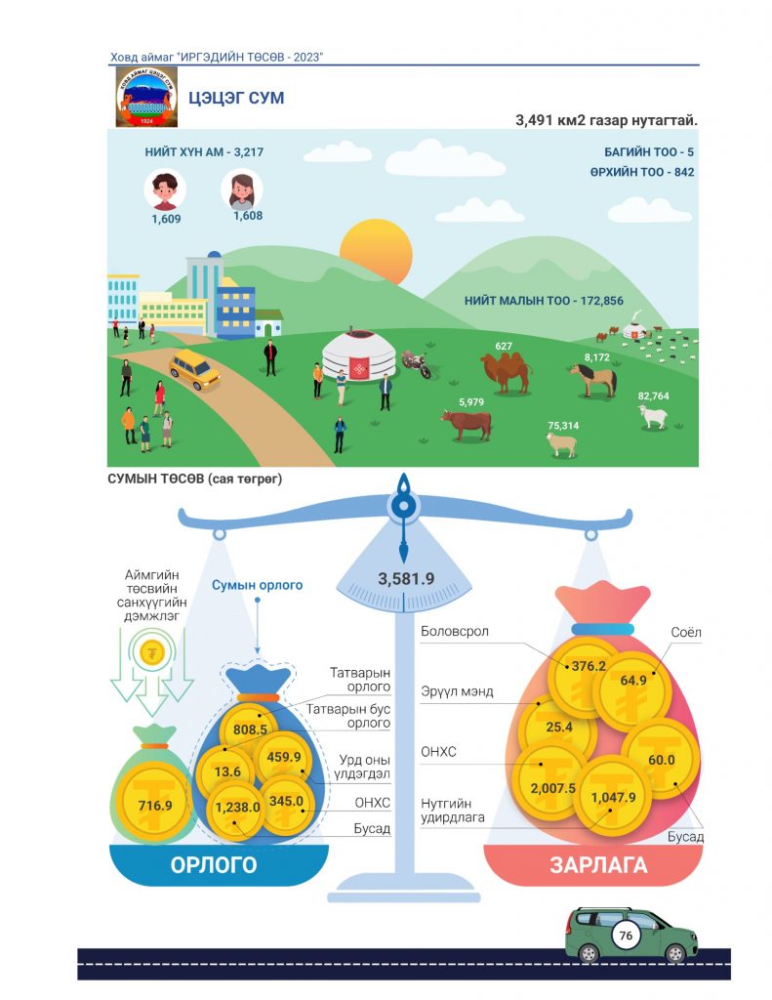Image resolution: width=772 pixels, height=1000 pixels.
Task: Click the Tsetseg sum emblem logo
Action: coord(146,98)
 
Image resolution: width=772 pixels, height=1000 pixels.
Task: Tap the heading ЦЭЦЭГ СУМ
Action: coord(236,99)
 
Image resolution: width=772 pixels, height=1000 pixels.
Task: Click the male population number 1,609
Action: coord(166,219)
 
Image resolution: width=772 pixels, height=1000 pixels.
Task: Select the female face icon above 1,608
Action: coord(242,188)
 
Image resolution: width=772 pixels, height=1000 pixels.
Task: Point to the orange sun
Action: coord(376,251)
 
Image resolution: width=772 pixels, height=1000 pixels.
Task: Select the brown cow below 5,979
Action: coord(467,424)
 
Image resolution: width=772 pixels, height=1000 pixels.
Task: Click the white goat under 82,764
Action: coord(653,416)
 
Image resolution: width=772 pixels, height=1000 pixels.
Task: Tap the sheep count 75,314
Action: coord(563,426)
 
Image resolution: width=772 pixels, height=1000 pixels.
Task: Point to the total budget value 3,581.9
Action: coord(406,578)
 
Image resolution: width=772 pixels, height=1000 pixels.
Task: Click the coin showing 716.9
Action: coord(155,805)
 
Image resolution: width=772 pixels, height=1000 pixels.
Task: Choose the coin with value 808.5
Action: coord(250,729)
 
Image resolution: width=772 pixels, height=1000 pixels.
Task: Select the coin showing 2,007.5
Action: coord(552,788)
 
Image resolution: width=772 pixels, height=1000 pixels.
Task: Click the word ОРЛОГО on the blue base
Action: coord(214,865)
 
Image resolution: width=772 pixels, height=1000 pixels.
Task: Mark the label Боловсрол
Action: coord(455,632)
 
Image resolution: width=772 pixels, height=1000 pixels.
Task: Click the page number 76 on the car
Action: coord(626,935)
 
